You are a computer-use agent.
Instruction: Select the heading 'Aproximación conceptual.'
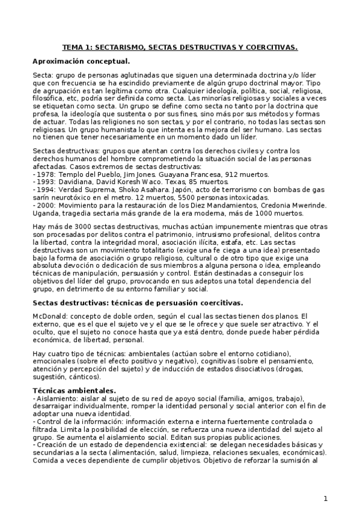click(x=81, y=61)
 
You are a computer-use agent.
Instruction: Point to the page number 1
click(x=325, y=499)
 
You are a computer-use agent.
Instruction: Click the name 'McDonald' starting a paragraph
click(x=50, y=316)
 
